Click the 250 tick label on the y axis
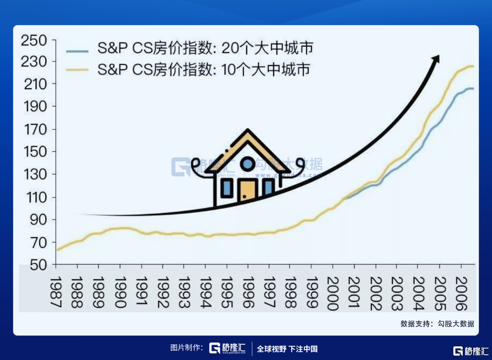tap(34, 41)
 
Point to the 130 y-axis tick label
tap(35, 174)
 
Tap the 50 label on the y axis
tap(38, 265)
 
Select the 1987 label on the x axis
tap(56, 292)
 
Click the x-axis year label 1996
tap(248, 292)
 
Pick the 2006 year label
tap(461, 293)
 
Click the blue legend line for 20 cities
tap(77, 51)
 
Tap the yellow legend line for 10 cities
tap(77, 70)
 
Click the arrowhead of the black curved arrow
tap(435, 59)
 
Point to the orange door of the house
tap(248, 190)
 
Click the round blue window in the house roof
tap(248, 163)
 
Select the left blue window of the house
tap(226, 188)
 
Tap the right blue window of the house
tap(268, 187)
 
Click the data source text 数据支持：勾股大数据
tap(437, 324)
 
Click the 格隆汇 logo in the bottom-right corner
tap(471, 351)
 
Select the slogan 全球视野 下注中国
tap(287, 349)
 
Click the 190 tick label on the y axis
tap(35, 107)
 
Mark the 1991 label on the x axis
tap(141, 292)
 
